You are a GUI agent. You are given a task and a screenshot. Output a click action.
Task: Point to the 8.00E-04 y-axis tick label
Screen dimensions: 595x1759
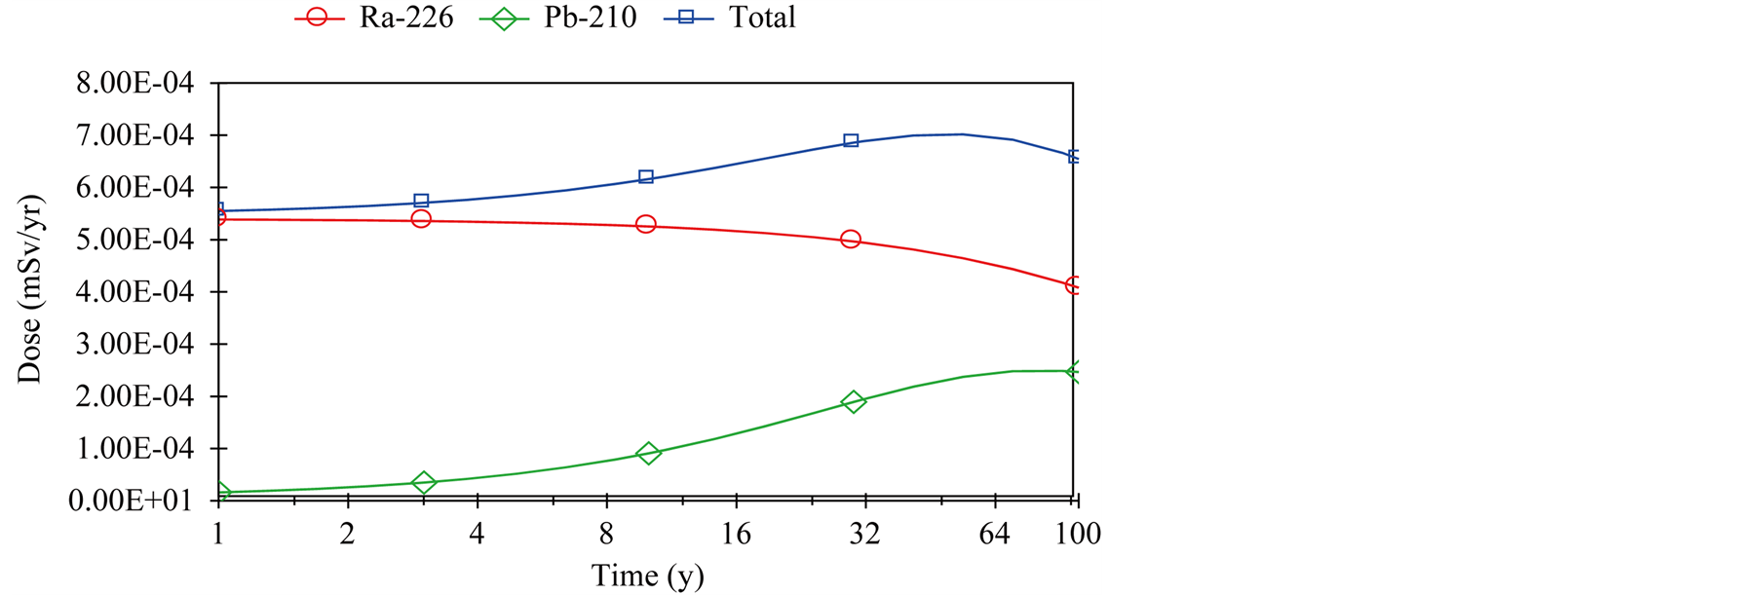tap(134, 84)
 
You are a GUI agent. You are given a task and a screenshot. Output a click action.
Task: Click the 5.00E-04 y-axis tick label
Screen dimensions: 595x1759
tap(134, 241)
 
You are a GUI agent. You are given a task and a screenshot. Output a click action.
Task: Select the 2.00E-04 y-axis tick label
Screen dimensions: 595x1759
tap(134, 397)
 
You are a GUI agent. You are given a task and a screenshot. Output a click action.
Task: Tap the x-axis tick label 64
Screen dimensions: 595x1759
tap(994, 534)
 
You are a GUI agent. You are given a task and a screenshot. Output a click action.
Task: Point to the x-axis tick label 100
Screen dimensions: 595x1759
tap(1078, 534)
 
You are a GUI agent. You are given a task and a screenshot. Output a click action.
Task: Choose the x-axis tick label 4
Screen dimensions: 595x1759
tap(477, 534)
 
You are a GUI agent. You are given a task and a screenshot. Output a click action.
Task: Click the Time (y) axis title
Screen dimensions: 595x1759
tap(647, 576)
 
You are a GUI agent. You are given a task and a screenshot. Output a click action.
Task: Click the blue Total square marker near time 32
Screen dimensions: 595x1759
tap(851, 141)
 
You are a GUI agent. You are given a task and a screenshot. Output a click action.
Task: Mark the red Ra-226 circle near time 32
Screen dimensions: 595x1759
tap(851, 239)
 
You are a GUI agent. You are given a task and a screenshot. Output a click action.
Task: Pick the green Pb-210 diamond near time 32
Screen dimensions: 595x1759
tap(854, 401)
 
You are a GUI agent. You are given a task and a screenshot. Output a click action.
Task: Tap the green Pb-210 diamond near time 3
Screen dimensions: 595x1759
tap(423, 482)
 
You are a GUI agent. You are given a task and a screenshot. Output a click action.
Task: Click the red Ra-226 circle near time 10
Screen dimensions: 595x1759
tap(645, 224)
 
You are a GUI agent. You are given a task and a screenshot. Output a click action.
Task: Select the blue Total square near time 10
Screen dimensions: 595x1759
tap(645, 177)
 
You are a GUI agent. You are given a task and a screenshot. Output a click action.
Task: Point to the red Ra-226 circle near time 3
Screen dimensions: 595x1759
tap(421, 218)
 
